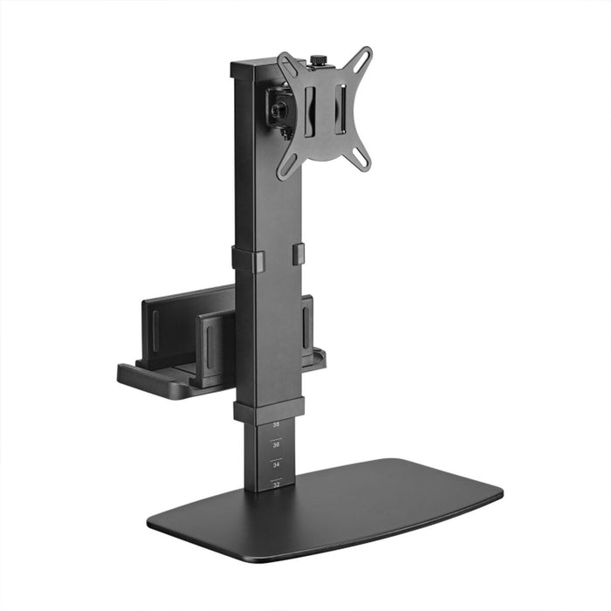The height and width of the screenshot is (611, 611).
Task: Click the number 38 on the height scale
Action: click(276, 425)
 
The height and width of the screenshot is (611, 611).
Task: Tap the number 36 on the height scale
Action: click(276, 444)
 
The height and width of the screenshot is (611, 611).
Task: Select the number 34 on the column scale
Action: click(276, 463)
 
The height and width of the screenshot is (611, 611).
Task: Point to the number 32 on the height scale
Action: click(276, 483)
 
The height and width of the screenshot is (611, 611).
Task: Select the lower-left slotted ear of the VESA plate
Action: click(285, 166)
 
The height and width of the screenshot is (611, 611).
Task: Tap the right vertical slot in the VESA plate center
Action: click(341, 109)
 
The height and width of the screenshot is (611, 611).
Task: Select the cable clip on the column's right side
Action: click(299, 253)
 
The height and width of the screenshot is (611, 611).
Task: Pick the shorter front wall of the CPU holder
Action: click(215, 349)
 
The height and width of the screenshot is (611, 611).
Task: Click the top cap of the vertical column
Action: click(260, 66)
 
